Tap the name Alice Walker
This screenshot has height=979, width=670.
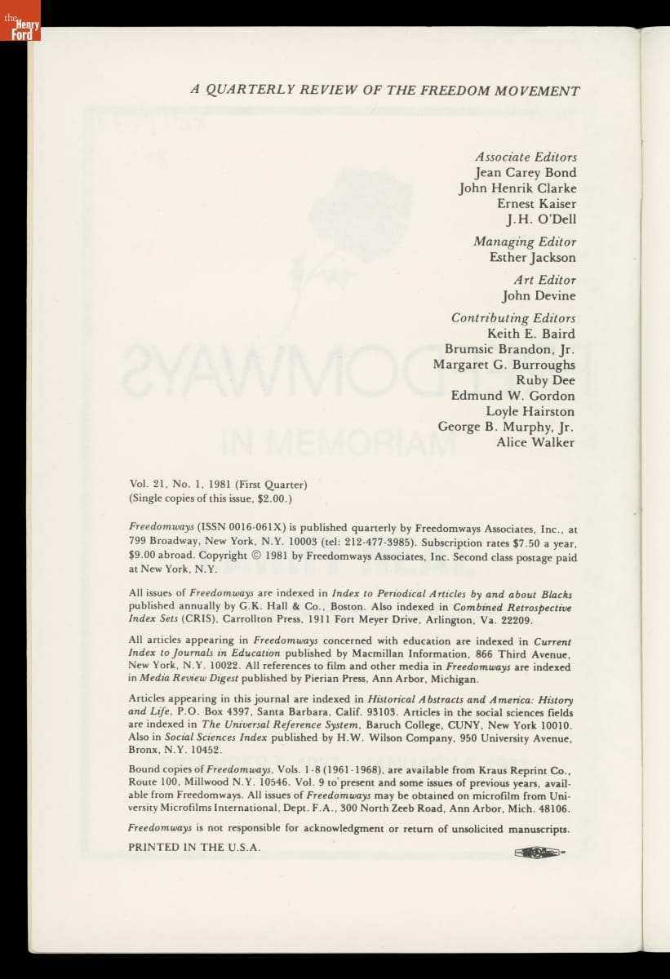[x=535, y=443]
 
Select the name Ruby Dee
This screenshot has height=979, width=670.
[x=545, y=380]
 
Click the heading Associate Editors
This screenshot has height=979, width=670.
[x=526, y=157]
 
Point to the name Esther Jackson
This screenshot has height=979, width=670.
[x=532, y=258]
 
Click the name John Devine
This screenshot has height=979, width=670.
[x=539, y=296]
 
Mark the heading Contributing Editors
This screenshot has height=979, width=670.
[x=513, y=318]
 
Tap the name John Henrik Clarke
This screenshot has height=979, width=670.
[x=517, y=188]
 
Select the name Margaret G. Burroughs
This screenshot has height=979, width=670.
[x=504, y=365]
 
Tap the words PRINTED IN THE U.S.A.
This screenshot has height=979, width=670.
[x=194, y=847]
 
